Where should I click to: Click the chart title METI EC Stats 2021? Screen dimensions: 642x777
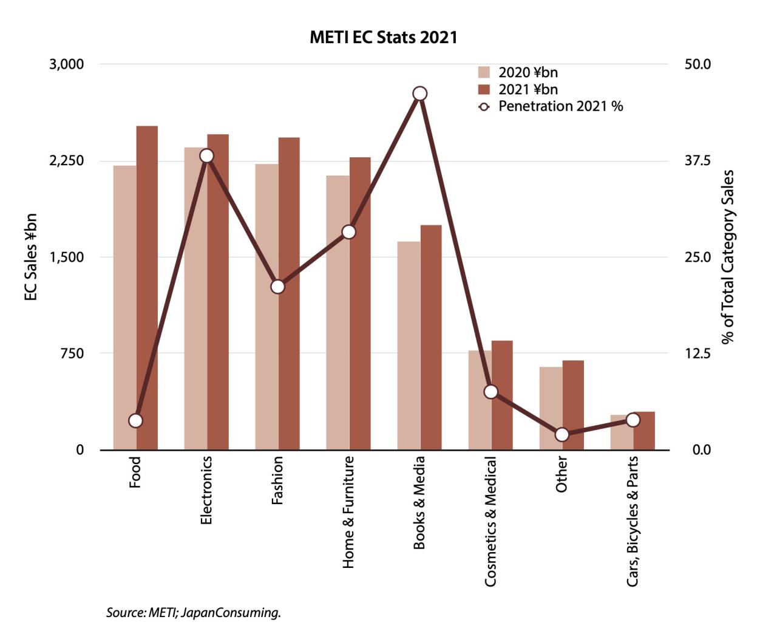[383, 37]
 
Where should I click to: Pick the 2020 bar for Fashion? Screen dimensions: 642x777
[266, 307]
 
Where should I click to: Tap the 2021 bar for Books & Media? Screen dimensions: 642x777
[431, 337]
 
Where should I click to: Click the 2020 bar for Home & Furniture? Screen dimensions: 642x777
[338, 312]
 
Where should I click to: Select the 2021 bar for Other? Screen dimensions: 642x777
[573, 405]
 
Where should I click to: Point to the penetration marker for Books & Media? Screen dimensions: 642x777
[419, 94]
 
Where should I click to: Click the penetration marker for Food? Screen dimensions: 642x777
[136, 420]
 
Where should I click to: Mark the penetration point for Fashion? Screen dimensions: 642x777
[278, 287]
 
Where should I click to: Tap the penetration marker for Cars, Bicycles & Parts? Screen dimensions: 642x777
[633, 420]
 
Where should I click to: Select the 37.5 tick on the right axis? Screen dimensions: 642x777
[697, 160]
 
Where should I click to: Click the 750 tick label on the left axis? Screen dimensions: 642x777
[72, 353]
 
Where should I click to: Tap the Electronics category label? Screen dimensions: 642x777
[206, 490]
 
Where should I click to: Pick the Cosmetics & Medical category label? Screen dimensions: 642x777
[490, 522]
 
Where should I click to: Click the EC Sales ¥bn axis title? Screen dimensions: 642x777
[30, 257]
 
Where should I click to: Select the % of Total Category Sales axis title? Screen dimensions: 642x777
[728, 257]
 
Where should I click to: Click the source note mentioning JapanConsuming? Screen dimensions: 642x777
[194, 612]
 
